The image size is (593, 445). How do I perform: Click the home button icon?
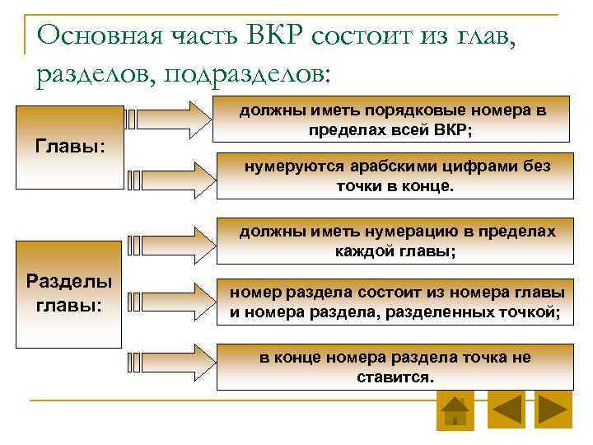(x=455, y=410)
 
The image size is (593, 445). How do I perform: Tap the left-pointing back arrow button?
(x=506, y=410)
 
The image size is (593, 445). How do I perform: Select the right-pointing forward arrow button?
(x=553, y=410)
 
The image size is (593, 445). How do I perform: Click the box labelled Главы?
(x=69, y=147)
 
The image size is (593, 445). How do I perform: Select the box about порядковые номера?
(x=394, y=120)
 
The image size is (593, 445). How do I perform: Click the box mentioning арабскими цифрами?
(x=394, y=176)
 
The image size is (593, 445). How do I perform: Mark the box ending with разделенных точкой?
(x=394, y=302)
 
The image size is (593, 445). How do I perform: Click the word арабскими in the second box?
(x=367, y=166)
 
